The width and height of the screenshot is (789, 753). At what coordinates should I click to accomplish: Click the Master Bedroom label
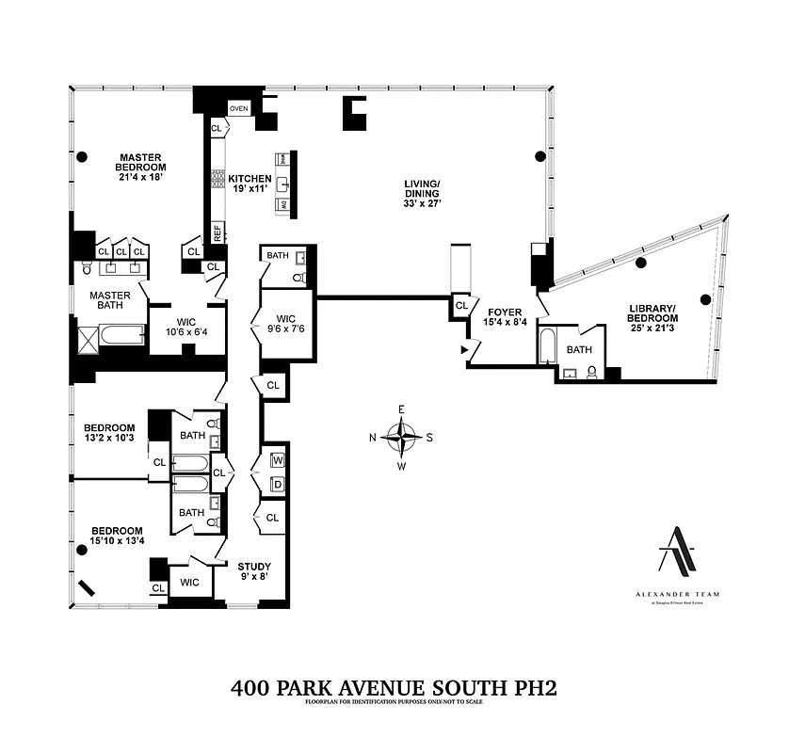click(139, 167)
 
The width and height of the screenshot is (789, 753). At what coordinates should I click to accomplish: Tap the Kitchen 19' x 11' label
click(250, 184)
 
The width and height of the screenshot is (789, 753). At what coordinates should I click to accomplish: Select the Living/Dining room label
click(422, 192)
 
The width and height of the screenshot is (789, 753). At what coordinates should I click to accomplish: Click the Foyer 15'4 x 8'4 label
click(498, 317)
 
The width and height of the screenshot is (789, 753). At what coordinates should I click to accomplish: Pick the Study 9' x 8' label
click(253, 571)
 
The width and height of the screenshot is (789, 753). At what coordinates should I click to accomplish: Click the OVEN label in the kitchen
click(238, 109)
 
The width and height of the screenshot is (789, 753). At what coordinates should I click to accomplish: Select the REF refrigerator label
click(217, 232)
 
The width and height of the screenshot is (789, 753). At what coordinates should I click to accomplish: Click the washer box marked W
click(278, 460)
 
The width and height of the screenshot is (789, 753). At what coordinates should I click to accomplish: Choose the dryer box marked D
click(278, 485)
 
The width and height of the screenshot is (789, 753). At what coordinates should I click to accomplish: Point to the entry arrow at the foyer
click(464, 349)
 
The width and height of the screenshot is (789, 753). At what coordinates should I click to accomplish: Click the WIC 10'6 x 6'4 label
click(185, 312)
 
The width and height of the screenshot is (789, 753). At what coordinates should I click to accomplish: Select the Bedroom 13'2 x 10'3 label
click(111, 432)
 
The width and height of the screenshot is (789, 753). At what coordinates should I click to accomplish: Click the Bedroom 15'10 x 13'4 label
click(117, 536)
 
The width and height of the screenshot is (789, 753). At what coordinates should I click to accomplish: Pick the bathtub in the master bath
click(121, 334)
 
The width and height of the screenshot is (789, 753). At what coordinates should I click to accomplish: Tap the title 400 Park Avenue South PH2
click(394, 688)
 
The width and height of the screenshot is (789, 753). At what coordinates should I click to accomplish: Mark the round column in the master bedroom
click(83, 156)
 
